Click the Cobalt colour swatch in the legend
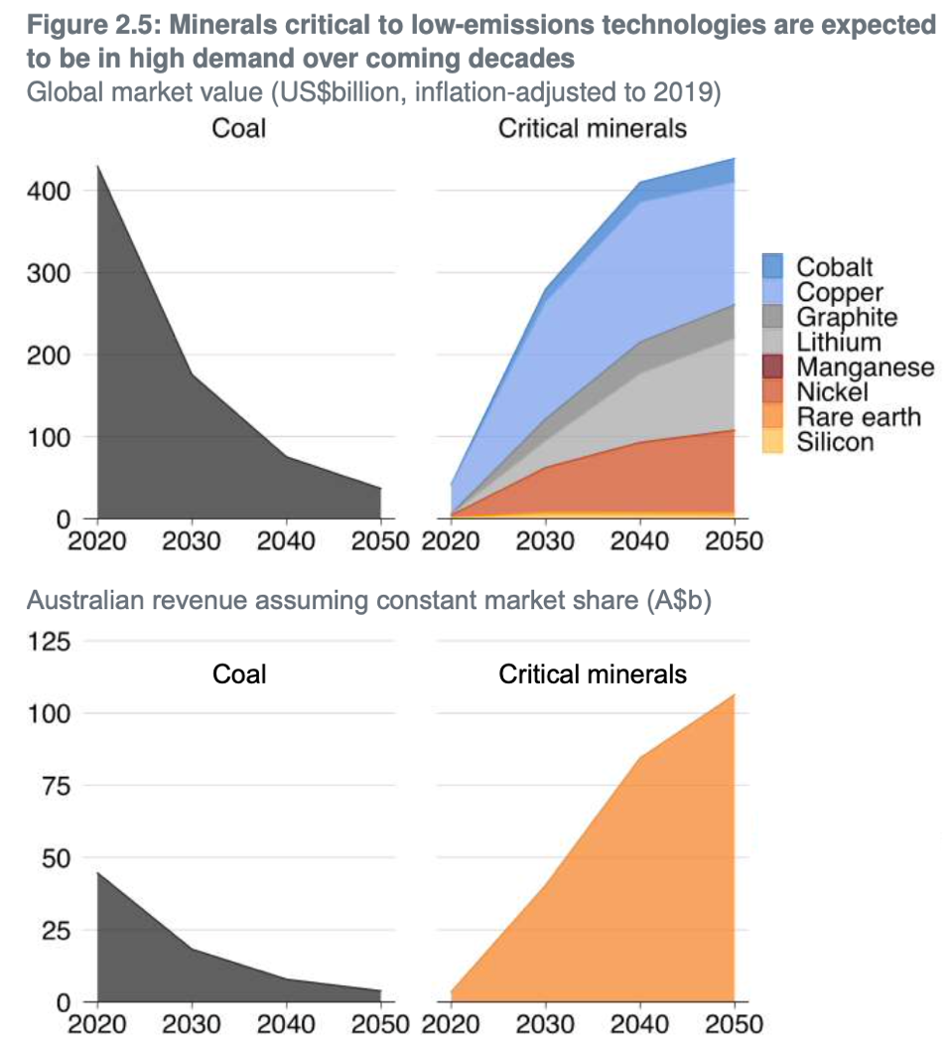pos(772,266)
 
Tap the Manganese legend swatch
pos(772,367)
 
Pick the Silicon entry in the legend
pos(835,441)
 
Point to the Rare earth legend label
pos(859,416)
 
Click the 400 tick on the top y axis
pos(49,191)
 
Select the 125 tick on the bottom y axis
pos(49,642)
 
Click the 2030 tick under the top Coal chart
pos(192,541)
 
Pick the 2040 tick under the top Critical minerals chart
pos(640,541)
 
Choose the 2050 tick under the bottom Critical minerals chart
pos(735,1024)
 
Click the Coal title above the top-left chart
pos(239,129)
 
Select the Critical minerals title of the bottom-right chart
pos(593,674)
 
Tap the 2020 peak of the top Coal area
pos(97,167)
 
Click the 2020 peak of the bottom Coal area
pos(97,873)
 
